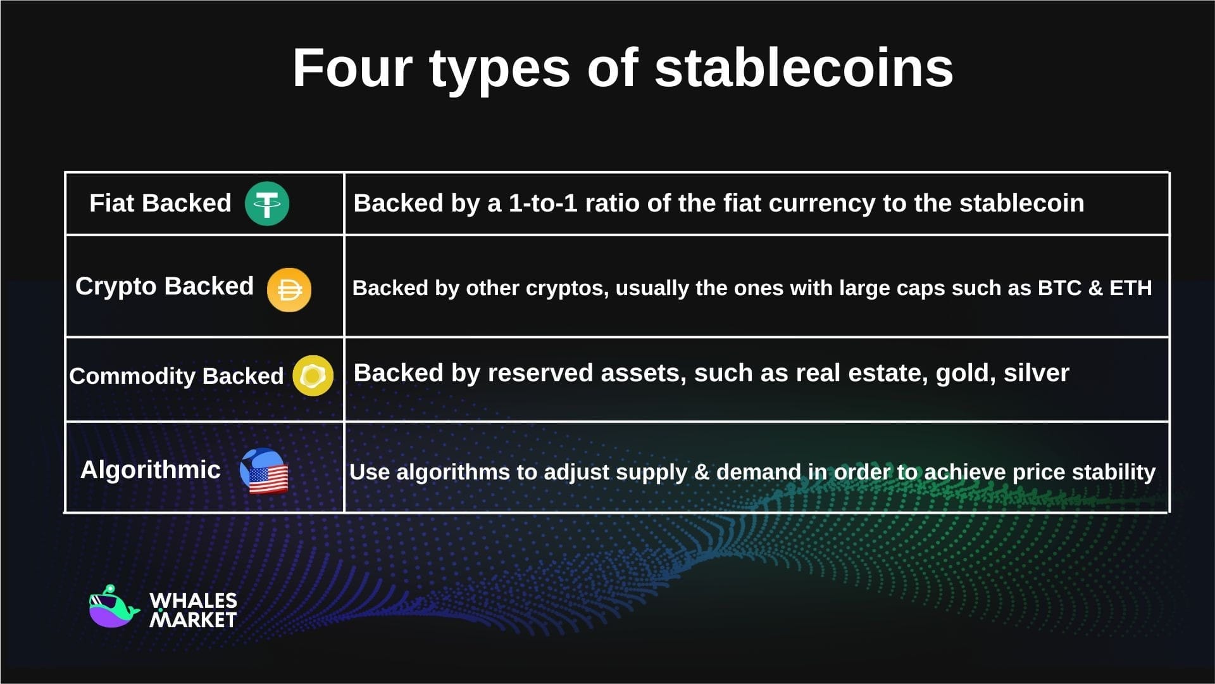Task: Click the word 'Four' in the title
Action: [352, 68]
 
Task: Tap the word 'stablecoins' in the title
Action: [803, 68]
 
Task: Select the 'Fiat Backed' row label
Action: [160, 203]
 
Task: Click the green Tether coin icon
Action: [267, 203]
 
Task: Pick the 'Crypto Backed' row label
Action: [164, 286]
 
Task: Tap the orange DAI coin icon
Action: [289, 290]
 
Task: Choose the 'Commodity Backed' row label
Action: [176, 376]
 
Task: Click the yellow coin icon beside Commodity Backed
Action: [313, 376]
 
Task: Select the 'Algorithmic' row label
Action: [150, 470]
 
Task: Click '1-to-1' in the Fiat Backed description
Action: [543, 203]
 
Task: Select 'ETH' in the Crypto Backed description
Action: [1130, 288]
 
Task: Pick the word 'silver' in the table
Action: [1036, 374]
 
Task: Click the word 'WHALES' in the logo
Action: [193, 600]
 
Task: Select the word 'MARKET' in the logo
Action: [193, 619]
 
